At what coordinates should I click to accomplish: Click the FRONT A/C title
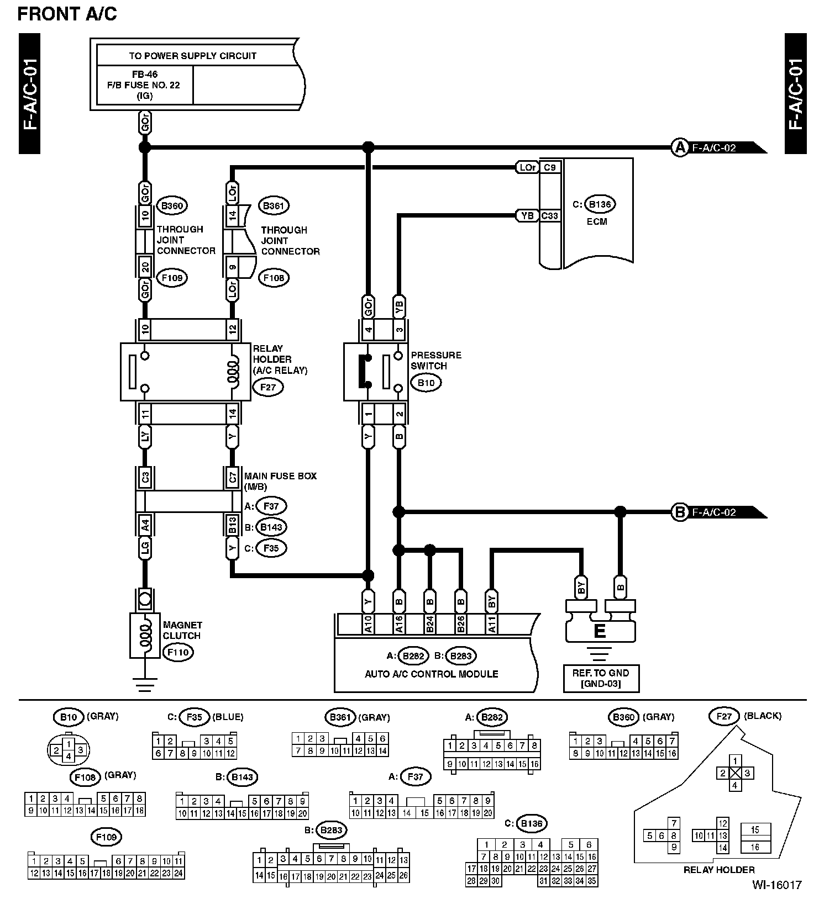(x=67, y=14)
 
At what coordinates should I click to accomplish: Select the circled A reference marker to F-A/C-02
(x=679, y=147)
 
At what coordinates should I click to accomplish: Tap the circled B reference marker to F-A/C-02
(x=679, y=512)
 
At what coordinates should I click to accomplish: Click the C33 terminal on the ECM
(x=550, y=216)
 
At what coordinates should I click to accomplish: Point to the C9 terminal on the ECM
(x=550, y=167)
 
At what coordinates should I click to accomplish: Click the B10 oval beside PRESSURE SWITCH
(x=426, y=383)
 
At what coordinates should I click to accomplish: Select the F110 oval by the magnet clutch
(x=177, y=652)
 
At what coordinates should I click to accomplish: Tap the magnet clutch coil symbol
(x=145, y=635)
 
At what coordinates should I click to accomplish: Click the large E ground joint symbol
(x=600, y=631)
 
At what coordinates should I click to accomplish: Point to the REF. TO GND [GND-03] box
(x=601, y=678)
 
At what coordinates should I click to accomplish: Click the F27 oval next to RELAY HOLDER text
(x=267, y=387)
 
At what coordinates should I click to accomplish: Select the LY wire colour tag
(x=145, y=437)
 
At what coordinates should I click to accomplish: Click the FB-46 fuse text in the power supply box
(x=145, y=75)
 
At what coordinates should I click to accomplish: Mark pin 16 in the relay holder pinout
(x=755, y=847)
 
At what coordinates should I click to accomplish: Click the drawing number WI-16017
(x=776, y=885)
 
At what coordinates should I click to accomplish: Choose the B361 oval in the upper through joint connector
(x=274, y=206)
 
